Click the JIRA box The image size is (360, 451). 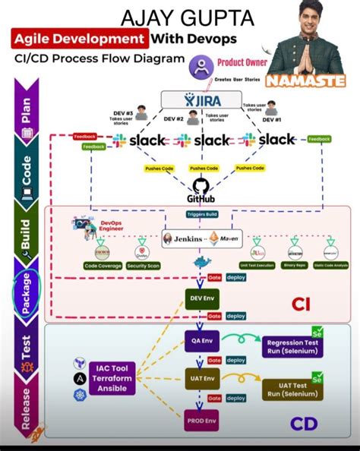coord(201,100)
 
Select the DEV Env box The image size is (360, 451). coord(201,298)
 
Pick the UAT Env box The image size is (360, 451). coord(201,377)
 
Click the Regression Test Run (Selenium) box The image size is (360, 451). coord(292,347)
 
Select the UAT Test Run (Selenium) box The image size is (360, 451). coord(292,390)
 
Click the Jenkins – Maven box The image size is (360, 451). coord(201,238)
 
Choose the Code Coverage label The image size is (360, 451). coord(103,266)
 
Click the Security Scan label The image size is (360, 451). coord(142,266)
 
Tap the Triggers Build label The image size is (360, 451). coord(201,215)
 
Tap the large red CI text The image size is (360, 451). coord(302,304)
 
